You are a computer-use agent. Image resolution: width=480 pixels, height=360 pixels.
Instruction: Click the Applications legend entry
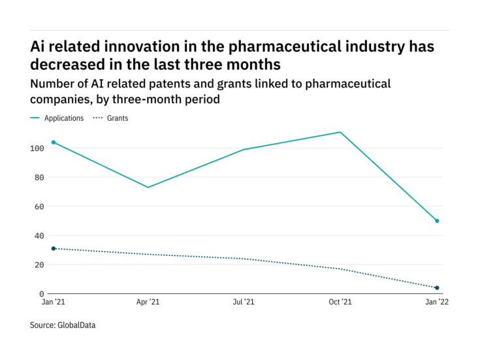[x=63, y=118]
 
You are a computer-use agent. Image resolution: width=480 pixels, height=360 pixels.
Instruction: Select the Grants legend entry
[x=118, y=118]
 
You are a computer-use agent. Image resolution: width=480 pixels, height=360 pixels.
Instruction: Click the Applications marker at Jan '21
[x=53, y=142]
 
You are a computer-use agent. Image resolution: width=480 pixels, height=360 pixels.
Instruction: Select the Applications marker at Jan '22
[x=437, y=221]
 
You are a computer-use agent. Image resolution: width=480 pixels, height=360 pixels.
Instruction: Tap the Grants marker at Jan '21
[x=53, y=248]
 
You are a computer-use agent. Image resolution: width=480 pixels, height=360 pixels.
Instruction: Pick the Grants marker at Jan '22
[x=437, y=288]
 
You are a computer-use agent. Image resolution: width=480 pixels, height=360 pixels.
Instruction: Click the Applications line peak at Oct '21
[x=340, y=132]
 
